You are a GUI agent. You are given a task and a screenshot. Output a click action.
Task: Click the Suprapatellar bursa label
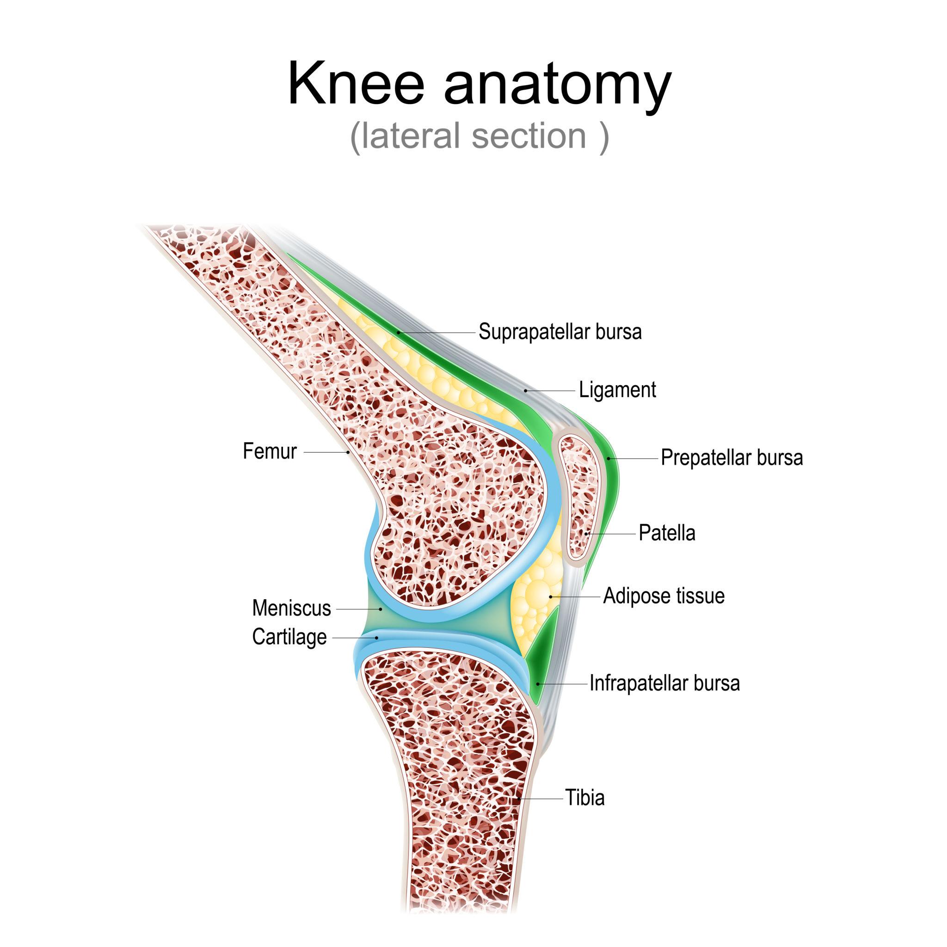point(560,332)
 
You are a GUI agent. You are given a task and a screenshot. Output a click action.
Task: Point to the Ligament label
point(617,390)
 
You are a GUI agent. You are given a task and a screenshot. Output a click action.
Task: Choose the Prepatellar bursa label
point(732,458)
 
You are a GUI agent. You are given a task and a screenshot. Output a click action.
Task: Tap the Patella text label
point(667,533)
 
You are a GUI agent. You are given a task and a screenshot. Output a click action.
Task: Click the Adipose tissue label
point(664,596)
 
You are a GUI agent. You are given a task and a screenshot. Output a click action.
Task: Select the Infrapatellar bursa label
point(664,683)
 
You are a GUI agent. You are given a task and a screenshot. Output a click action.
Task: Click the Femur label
point(270,451)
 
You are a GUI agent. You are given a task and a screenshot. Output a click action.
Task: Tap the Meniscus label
point(292,609)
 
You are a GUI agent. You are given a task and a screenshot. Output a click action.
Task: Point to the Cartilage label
point(289,637)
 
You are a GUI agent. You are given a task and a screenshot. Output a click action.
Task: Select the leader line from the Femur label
point(326,452)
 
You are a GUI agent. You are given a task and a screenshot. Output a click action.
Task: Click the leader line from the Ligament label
point(550,391)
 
